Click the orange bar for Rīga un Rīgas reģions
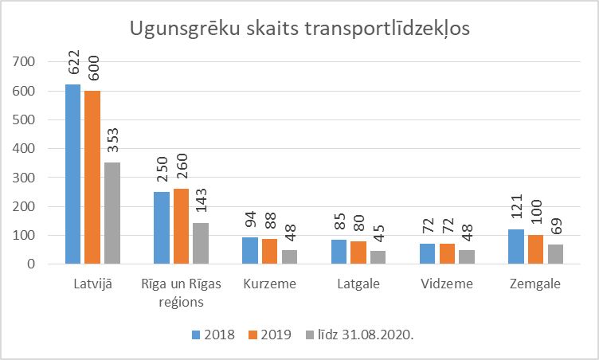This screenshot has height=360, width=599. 182,226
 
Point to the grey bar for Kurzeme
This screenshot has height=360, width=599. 289,256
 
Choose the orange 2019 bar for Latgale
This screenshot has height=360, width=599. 358,252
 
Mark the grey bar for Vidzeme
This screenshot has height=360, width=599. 466,256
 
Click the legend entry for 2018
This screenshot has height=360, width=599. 213,335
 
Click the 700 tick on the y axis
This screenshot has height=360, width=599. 25,62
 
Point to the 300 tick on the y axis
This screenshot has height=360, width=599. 25,178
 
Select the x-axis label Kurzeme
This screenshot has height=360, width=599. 270,284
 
